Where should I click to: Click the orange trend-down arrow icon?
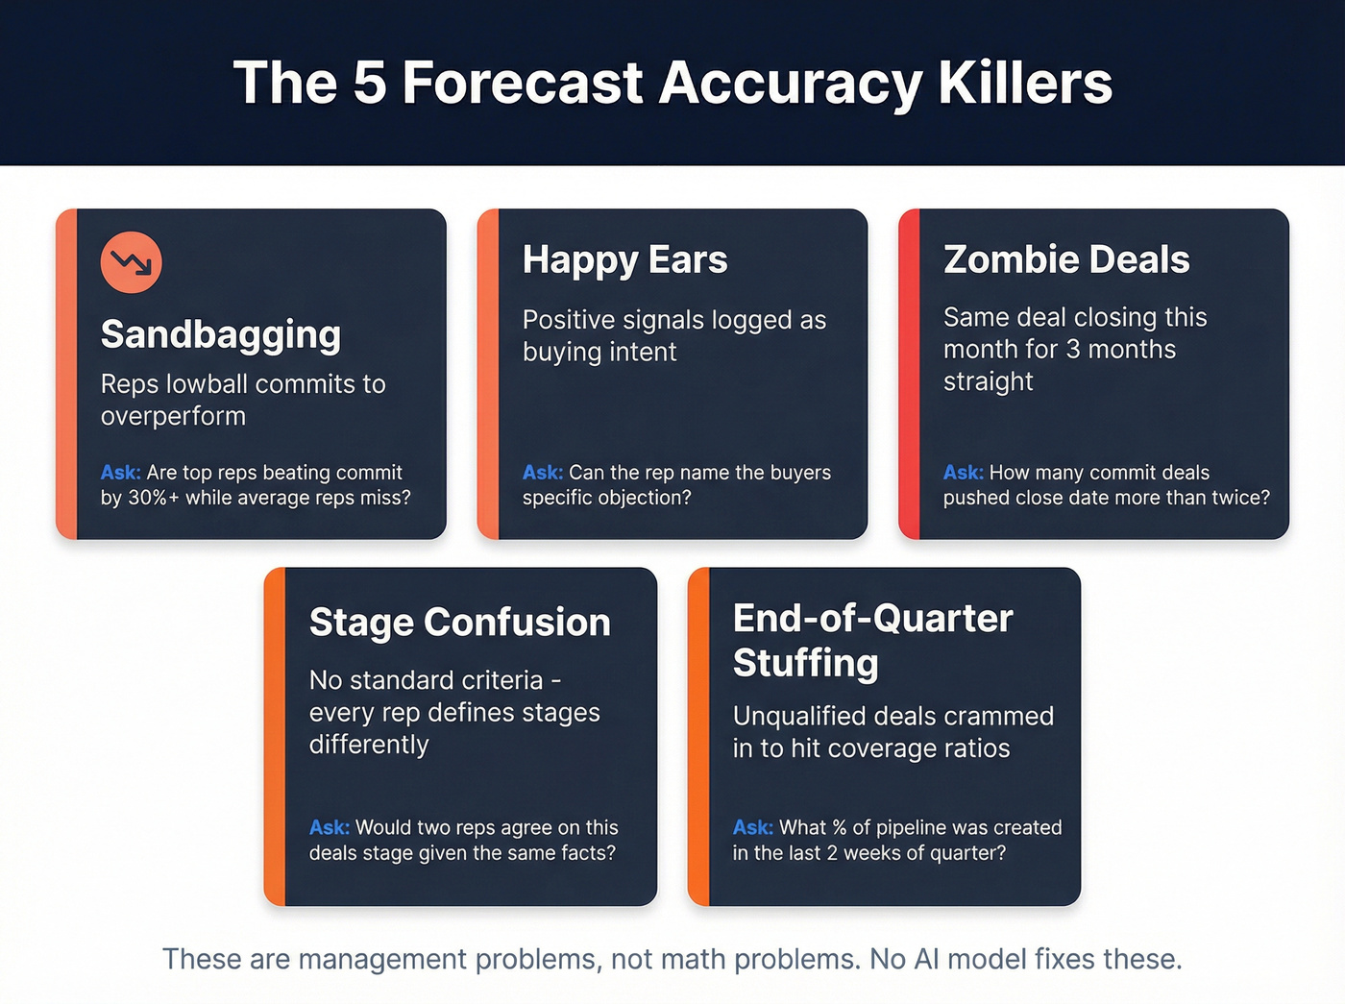tap(131, 262)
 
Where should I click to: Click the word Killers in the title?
tap(1025, 83)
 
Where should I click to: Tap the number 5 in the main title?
tap(370, 83)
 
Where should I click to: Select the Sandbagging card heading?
tap(221, 334)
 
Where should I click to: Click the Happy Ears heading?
tap(624, 260)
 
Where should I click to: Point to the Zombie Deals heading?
tap(1066, 259)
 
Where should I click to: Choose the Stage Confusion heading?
tap(459, 623)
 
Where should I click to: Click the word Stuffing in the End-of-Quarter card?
tap(805, 663)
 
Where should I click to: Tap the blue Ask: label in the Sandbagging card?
tap(120, 473)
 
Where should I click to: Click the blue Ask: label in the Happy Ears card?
tap(542, 473)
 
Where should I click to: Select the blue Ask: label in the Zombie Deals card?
tap(963, 473)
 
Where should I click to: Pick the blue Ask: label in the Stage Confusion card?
tap(329, 827)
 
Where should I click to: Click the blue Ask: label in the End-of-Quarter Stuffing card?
tap(752, 827)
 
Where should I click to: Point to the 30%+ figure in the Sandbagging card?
tap(153, 498)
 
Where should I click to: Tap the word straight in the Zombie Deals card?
tap(988, 381)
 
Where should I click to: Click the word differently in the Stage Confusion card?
tap(369, 745)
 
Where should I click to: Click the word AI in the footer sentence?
tap(926, 959)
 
